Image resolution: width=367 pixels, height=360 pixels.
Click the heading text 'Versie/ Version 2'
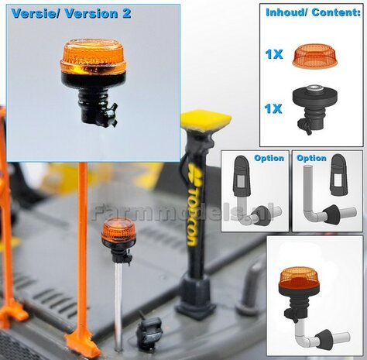(x=70, y=14)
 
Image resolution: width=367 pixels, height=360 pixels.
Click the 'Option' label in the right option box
(x=311, y=159)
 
